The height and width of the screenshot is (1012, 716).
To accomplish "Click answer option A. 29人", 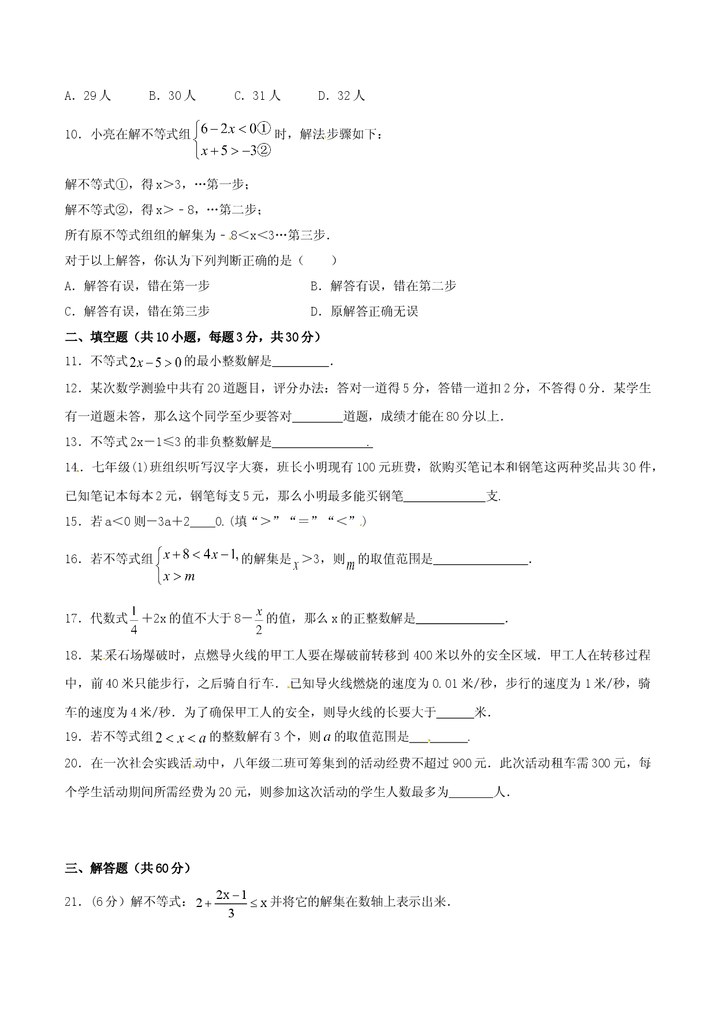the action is (x=88, y=96).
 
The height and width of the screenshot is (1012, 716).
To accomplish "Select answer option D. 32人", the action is (x=342, y=96).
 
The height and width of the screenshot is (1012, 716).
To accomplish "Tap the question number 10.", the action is (x=73, y=135).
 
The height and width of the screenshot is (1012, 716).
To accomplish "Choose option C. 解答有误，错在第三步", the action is (x=137, y=312).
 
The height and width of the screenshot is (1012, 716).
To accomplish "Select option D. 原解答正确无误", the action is (x=364, y=312).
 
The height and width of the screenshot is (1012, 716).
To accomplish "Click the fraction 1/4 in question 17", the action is (x=133, y=620).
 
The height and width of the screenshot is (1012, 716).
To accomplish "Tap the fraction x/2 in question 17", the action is (x=259, y=620).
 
